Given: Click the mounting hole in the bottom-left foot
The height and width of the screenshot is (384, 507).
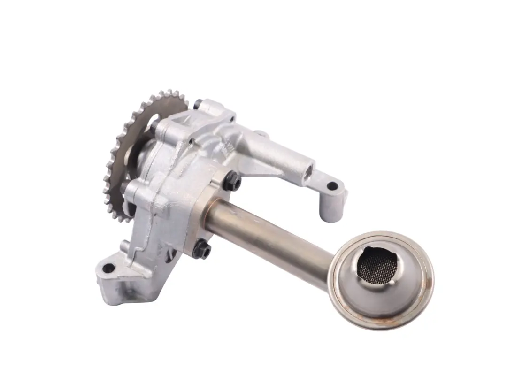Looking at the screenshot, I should (x=108, y=269).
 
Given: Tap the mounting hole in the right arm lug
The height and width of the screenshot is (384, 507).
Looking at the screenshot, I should (x=332, y=186).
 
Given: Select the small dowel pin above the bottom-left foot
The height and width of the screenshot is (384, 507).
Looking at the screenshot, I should (x=123, y=246).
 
